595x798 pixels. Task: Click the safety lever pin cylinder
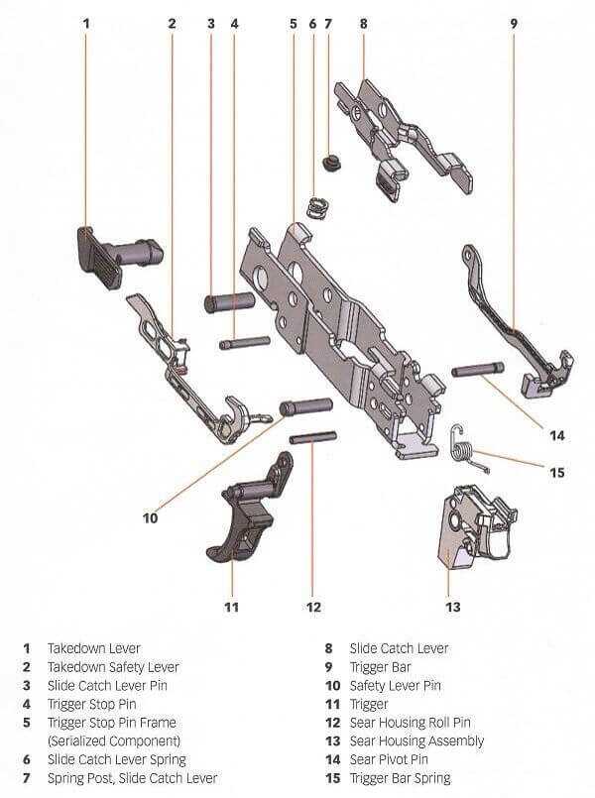point(304,406)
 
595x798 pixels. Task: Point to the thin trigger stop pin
point(244,343)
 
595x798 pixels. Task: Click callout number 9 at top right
point(514,22)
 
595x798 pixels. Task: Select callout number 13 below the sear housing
point(451,607)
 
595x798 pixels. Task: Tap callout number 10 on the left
point(151,516)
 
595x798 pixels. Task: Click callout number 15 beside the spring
point(556,473)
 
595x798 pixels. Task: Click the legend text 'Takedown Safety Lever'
point(113,667)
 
